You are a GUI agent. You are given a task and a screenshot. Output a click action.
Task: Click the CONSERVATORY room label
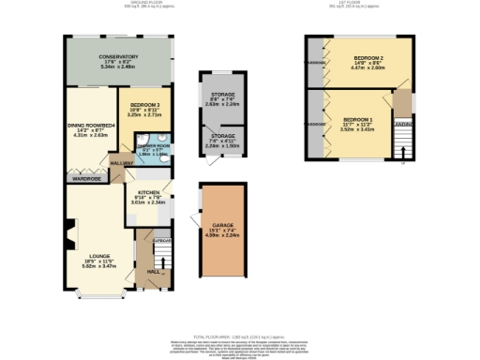click(x=119, y=56)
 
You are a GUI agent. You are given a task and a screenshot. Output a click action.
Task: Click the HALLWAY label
click(x=122, y=163)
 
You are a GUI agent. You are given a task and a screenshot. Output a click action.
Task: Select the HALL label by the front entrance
click(x=153, y=273)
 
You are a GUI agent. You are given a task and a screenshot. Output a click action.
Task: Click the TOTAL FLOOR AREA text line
click(x=240, y=336)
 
